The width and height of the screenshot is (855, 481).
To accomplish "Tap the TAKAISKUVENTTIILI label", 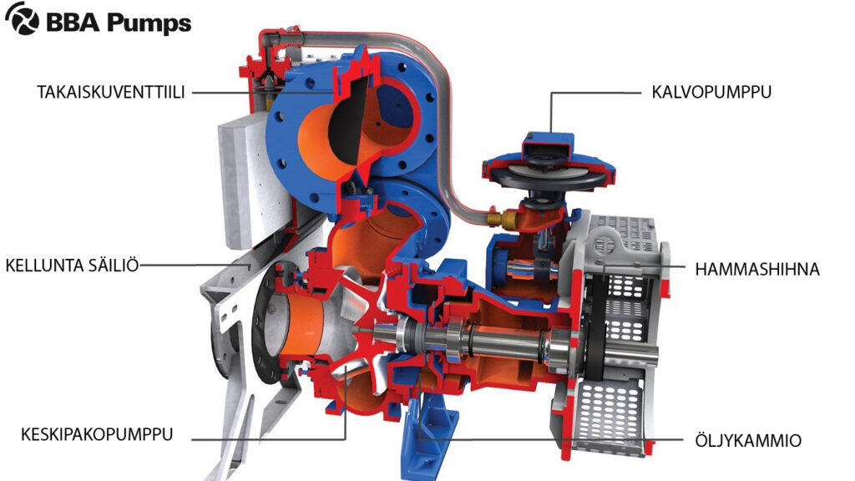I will click(x=111, y=91).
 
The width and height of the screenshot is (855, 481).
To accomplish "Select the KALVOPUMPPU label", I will click(x=711, y=91).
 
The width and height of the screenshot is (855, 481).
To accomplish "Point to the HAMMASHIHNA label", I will click(x=757, y=269).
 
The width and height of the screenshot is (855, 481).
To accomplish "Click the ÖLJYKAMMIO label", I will click(x=747, y=439).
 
